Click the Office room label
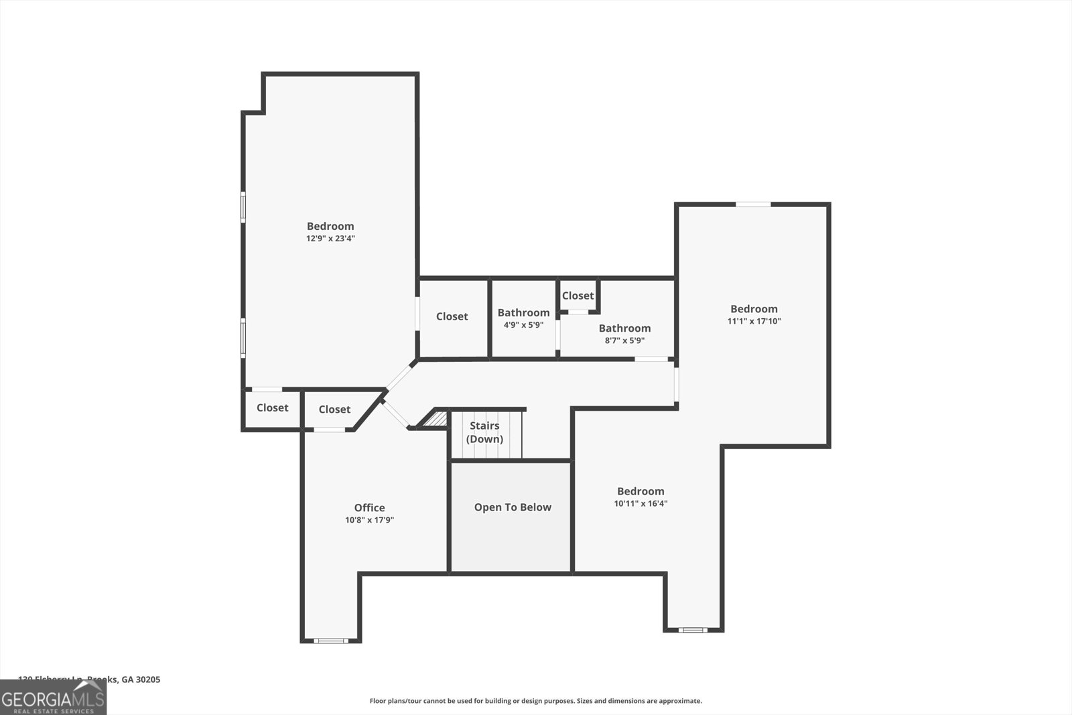pos(369,508)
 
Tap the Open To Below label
pos(513,507)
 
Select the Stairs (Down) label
pos(484,432)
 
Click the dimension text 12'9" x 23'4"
pos(330,239)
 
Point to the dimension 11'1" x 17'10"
pos(754,321)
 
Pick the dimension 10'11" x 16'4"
pos(641,503)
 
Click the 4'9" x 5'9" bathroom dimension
pos(523,325)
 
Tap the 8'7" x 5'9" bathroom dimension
pos(624,340)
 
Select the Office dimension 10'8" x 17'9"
pos(369,520)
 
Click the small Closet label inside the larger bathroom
pos(578,296)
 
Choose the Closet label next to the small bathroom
pos(452,316)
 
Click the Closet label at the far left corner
pos(272,407)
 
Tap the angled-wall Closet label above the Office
pos(334,409)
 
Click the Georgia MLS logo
pos(53,698)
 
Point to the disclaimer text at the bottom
pos(535,701)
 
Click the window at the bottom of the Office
pos(331,641)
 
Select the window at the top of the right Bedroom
pos(753,204)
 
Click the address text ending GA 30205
pos(89,679)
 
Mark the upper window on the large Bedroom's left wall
pos(243,206)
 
